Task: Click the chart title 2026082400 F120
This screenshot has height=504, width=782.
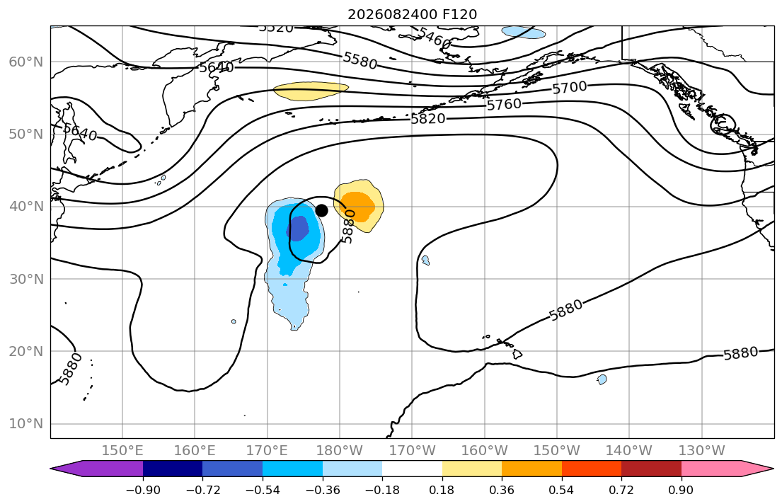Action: click(412, 14)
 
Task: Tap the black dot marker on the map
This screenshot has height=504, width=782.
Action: click(322, 210)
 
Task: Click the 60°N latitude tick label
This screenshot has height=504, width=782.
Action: click(26, 62)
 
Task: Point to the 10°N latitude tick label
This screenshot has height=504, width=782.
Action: click(26, 424)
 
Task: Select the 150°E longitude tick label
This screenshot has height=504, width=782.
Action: click(122, 451)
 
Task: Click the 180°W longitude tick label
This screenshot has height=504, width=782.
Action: click(340, 451)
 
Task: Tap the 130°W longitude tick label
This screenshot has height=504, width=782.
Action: click(702, 451)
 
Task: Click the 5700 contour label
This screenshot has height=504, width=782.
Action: click(570, 88)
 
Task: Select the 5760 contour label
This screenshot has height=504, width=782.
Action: click(504, 104)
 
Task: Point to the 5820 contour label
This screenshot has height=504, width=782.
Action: click(428, 119)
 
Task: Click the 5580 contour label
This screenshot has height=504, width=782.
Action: click(360, 61)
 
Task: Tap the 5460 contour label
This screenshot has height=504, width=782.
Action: click(434, 38)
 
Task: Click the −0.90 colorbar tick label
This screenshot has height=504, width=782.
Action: click(143, 490)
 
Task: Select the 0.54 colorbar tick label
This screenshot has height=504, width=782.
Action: click(562, 490)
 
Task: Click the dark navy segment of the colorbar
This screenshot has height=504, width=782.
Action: click(173, 469)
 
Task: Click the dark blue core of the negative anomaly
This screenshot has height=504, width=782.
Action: click(297, 229)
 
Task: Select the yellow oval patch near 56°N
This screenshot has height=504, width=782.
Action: click(311, 91)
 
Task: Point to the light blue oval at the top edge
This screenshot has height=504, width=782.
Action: click(524, 33)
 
